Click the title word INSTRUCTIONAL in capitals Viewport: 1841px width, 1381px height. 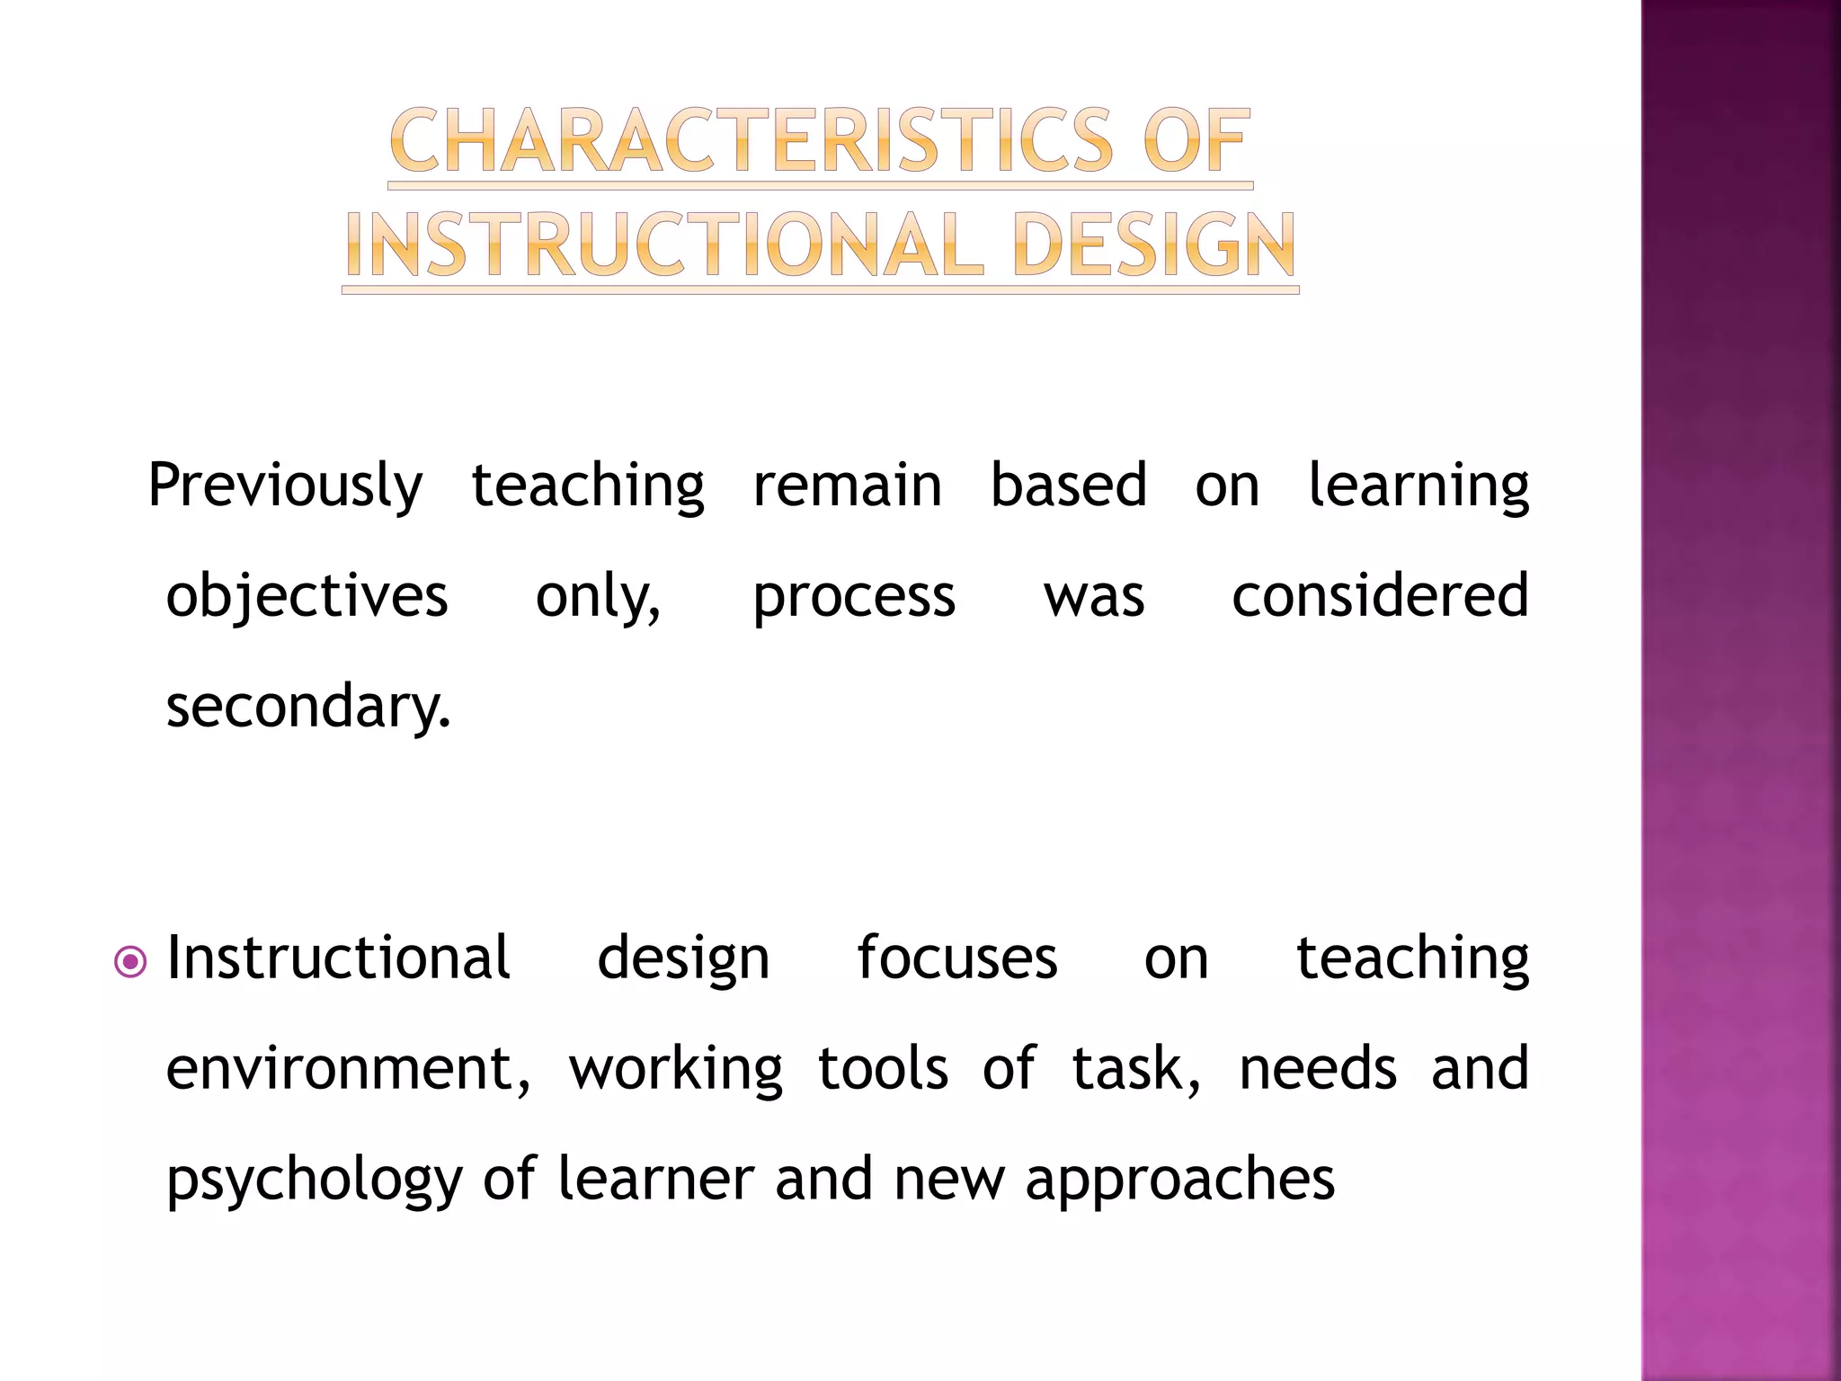tap(665, 245)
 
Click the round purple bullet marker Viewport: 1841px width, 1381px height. tap(131, 963)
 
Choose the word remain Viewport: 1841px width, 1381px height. tap(847, 486)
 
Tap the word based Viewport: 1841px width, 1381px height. tap(1068, 486)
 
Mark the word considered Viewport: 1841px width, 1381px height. tap(1380, 596)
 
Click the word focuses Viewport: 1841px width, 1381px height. tap(956, 958)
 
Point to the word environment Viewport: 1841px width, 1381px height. tap(348, 1070)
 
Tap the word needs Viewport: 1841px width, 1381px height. tap(1318, 1070)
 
